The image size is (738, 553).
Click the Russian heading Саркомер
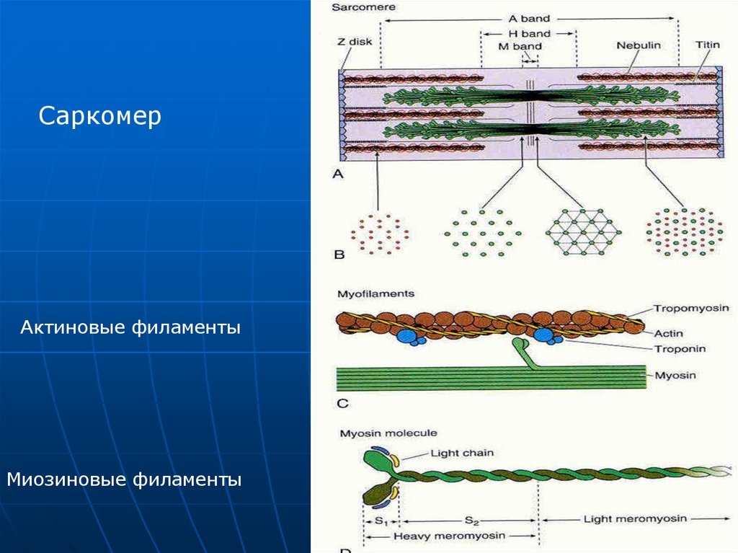coord(100,116)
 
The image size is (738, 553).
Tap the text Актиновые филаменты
coord(130,328)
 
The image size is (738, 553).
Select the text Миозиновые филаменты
coord(124,479)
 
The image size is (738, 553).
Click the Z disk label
coord(355,42)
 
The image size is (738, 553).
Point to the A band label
coord(529,19)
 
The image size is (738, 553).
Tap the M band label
coord(520,46)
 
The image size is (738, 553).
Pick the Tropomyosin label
coord(691,308)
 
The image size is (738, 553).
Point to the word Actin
coord(669,333)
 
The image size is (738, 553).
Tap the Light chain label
coord(462,453)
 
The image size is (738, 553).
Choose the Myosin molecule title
coord(378,433)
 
